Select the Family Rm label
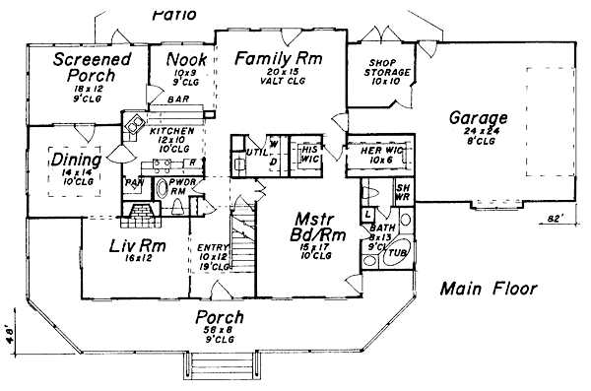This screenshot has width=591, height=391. (x=281, y=58)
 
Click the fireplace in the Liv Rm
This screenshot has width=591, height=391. (x=142, y=212)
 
